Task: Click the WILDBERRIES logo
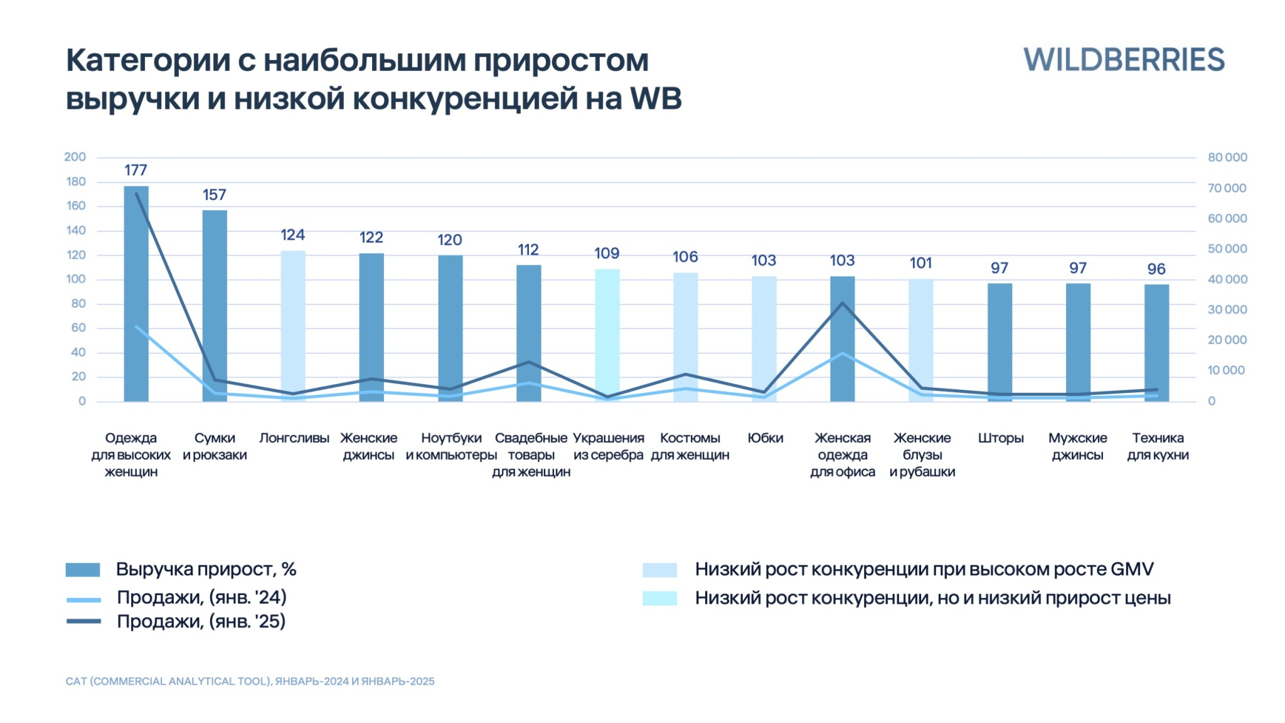pyautogui.click(x=1123, y=60)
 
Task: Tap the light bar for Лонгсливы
pyautogui.click(x=293, y=326)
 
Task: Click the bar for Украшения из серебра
pyautogui.click(x=607, y=335)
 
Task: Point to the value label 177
pyautogui.click(x=136, y=170)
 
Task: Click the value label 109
pyautogui.click(x=607, y=254)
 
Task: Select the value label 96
pyautogui.click(x=1156, y=269)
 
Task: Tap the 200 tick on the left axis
pyautogui.click(x=75, y=157)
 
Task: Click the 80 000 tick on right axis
pyautogui.click(x=1227, y=158)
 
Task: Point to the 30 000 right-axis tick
pyautogui.click(x=1227, y=309)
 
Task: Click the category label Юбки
pyautogui.click(x=765, y=438)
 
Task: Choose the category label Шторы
pyautogui.click(x=1000, y=438)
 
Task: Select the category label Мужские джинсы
pyautogui.click(x=1077, y=446)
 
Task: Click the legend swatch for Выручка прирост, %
pyautogui.click(x=83, y=570)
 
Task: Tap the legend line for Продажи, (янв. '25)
pyautogui.click(x=83, y=621)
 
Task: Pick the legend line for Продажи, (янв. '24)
pyautogui.click(x=83, y=599)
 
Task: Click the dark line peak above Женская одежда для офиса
pyautogui.click(x=843, y=304)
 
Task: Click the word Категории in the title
pyautogui.click(x=147, y=61)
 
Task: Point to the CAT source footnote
pyautogui.click(x=250, y=682)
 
